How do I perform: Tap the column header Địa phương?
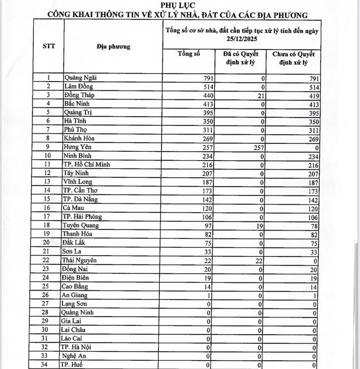[114, 46]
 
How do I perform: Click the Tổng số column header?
[189, 54]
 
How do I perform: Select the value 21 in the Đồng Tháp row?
[260, 95]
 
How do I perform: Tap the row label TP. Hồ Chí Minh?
[87, 164]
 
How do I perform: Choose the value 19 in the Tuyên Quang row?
[260, 225]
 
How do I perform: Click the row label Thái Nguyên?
[80, 261]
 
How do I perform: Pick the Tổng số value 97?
[206, 225]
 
